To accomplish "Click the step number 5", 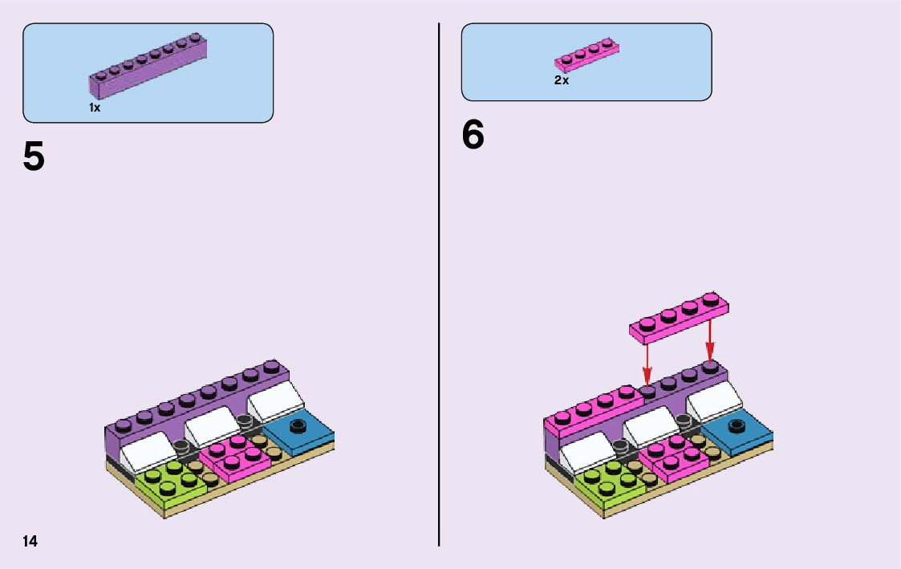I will pyautogui.click(x=34, y=156).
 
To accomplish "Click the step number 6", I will pyautogui.click(x=473, y=136).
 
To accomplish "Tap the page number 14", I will pyautogui.click(x=30, y=541).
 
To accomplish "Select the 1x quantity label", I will pyautogui.click(x=95, y=108).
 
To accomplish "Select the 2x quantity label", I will pyautogui.click(x=561, y=80).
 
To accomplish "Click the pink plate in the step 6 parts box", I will pyautogui.click(x=586, y=54).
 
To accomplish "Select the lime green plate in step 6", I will pyautogui.click(x=608, y=481).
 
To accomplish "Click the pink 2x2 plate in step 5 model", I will pyautogui.click(x=235, y=457).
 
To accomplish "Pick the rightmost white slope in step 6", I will pyautogui.click(x=714, y=398).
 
